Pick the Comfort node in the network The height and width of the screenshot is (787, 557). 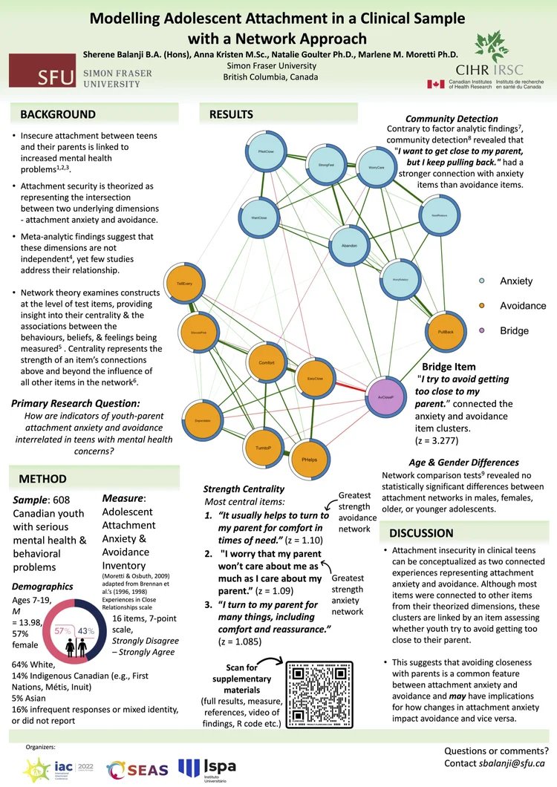point(266,362)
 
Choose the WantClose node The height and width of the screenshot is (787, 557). point(258,218)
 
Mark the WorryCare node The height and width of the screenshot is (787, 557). point(376,168)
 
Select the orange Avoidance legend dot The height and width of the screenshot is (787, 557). point(483,305)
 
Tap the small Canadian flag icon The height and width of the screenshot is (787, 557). point(435,84)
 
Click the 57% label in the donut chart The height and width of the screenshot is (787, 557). point(62,630)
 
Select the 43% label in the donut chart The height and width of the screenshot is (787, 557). point(86,630)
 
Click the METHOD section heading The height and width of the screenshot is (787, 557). point(42,479)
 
